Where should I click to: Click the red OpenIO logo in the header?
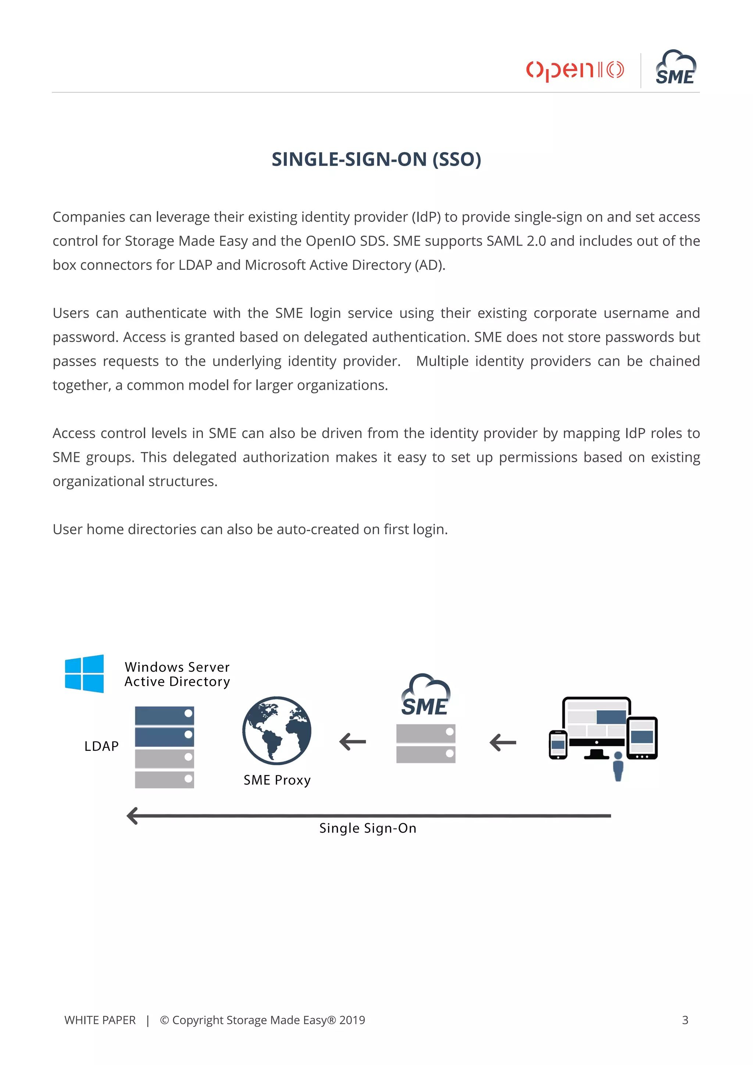tap(574, 70)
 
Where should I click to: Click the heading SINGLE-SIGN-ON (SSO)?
tap(376, 159)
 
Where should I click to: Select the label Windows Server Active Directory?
tap(177, 674)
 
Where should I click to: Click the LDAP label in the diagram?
tap(101, 746)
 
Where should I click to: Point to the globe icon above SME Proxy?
tap(276, 730)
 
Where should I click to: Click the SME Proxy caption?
tap(277, 780)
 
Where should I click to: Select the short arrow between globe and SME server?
tap(353, 742)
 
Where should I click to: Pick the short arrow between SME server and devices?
tap(503, 742)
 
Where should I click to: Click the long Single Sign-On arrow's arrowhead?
tap(133, 815)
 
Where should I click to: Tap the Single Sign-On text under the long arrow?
tap(367, 828)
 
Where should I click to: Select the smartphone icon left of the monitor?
tap(558, 745)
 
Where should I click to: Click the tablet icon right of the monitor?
tap(642, 738)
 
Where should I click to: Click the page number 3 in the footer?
tap(685, 1020)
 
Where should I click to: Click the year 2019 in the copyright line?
tap(352, 1020)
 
